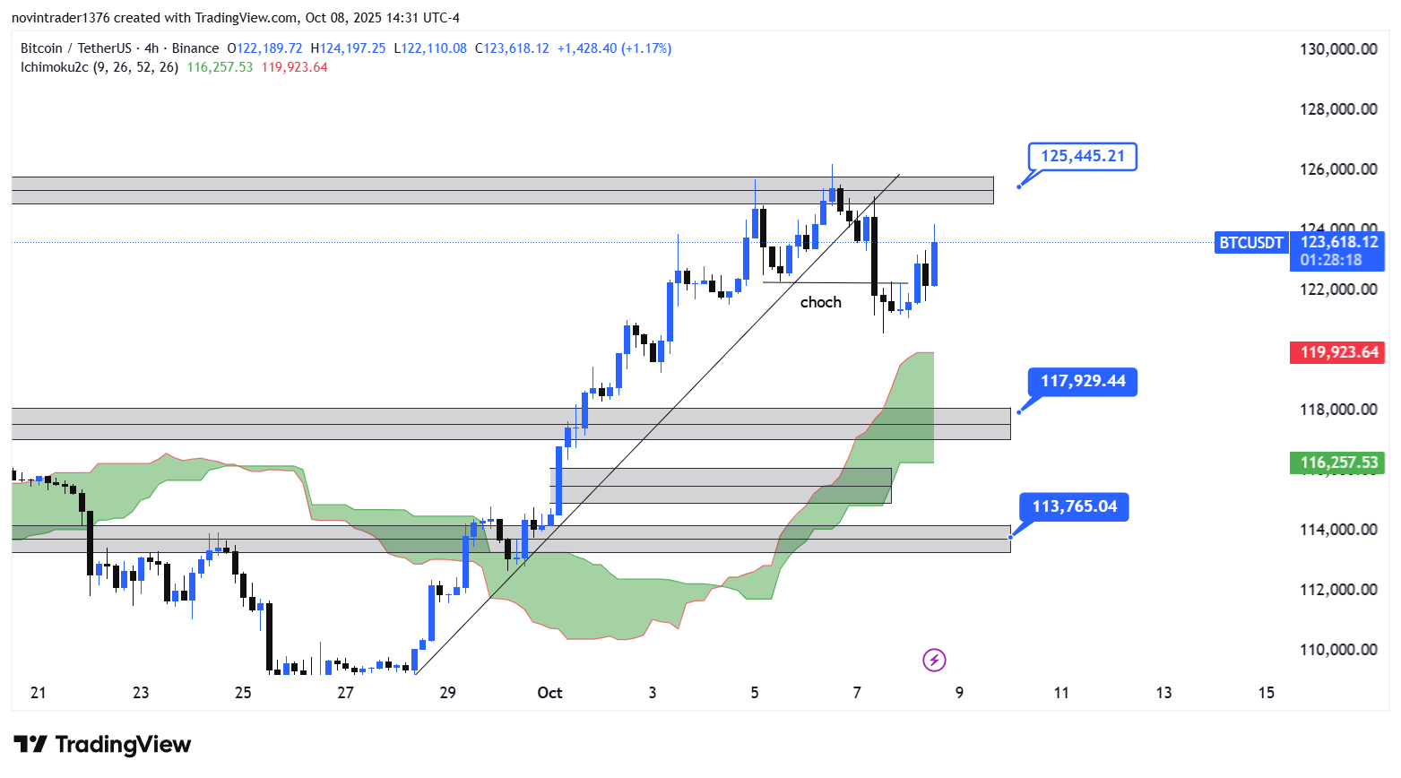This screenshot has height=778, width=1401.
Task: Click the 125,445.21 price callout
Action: tap(1082, 157)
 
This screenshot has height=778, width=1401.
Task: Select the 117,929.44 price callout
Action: tap(1082, 382)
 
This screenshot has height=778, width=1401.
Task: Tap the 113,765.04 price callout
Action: tap(1074, 507)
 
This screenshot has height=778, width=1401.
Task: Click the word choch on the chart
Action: tap(820, 303)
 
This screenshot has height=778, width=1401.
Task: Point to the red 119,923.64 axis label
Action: tap(1338, 352)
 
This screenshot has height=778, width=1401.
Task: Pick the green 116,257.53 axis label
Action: tap(1338, 462)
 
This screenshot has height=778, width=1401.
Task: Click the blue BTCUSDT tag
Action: tap(1250, 243)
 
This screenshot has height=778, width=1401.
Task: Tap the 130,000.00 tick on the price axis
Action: tap(1338, 49)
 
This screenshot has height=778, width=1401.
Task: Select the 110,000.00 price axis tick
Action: tap(1338, 650)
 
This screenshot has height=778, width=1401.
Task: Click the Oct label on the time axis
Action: tap(549, 693)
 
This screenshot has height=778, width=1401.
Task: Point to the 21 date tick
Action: tap(38, 693)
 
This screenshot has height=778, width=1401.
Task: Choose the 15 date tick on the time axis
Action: tap(1266, 693)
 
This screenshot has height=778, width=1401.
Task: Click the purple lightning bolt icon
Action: tap(934, 661)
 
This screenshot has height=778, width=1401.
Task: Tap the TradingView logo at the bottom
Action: tap(102, 745)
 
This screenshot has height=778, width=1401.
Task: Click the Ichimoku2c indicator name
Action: tap(55, 67)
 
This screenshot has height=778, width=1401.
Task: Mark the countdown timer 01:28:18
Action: tap(1331, 260)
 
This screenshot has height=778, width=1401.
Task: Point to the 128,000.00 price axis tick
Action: tap(1338, 109)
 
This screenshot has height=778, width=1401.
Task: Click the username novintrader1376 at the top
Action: tap(61, 18)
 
